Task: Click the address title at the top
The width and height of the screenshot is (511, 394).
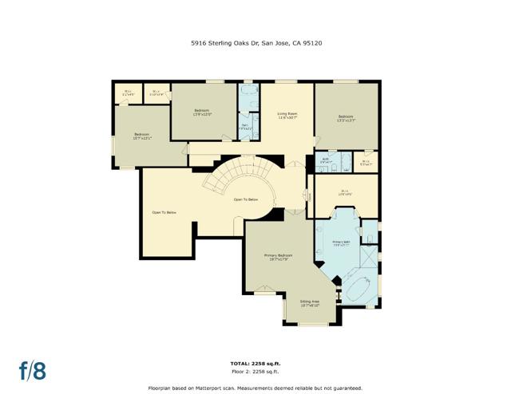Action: [x=255, y=44]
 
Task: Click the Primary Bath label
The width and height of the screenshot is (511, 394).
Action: [x=342, y=242]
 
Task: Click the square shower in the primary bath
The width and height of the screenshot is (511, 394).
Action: [x=370, y=259]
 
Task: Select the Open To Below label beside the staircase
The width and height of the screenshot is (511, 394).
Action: [x=245, y=199]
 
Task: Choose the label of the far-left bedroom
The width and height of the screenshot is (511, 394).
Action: [x=141, y=136]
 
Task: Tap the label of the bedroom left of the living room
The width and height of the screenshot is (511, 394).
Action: [x=202, y=112]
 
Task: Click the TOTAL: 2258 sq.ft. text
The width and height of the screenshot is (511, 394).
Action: [x=255, y=364]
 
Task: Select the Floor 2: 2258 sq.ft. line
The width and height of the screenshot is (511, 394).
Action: [x=255, y=371]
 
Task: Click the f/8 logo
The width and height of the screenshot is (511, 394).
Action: [x=33, y=370]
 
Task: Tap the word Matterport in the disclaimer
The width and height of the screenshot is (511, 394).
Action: [x=225, y=385]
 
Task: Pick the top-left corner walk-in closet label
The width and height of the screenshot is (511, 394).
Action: [x=128, y=92]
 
